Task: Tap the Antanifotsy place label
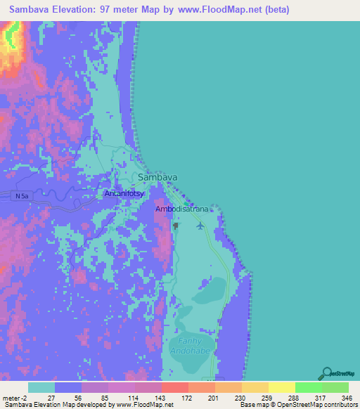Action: click(x=124, y=193)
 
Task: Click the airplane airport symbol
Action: click(x=201, y=225)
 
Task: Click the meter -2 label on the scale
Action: click(x=13, y=397)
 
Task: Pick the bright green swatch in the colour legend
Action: click(x=308, y=387)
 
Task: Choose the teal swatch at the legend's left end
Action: click(x=41, y=387)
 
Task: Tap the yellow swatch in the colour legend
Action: click(x=281, y=387)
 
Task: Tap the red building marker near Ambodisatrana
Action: click(x=176, y=226)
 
